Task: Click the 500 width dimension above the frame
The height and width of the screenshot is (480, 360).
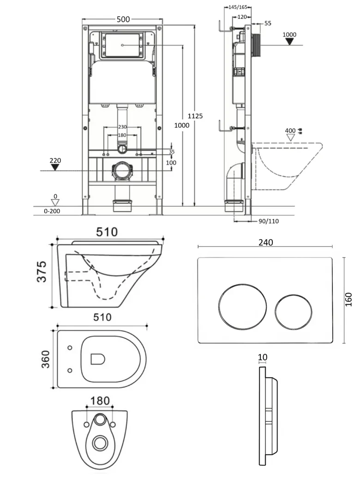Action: (x=123, y=19)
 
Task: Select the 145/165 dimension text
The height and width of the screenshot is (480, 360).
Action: (x=238, y=7)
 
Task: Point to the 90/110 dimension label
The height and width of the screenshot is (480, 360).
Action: (x=269, y=221)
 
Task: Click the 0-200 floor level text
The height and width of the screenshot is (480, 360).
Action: (x=52, y=211)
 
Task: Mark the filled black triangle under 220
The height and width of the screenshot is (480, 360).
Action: (x=55, y=168)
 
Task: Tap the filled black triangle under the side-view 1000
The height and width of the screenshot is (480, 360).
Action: (x=289, y=42)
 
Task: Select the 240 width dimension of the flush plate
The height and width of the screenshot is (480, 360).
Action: (x=265, y=242)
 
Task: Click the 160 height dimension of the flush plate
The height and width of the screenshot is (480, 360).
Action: (x=348, y=299)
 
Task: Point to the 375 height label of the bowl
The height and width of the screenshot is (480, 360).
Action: (x=42, y=272)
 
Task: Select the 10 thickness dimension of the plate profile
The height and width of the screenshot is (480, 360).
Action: (x=263, y=357)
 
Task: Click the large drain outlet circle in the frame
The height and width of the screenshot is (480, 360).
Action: (x=122, y=171)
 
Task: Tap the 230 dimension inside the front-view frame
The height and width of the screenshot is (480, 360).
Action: (x=122, y=127)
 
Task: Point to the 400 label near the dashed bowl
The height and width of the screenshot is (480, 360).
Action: (x=290, y=131)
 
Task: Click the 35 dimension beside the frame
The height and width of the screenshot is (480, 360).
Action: (x=172, y=151)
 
